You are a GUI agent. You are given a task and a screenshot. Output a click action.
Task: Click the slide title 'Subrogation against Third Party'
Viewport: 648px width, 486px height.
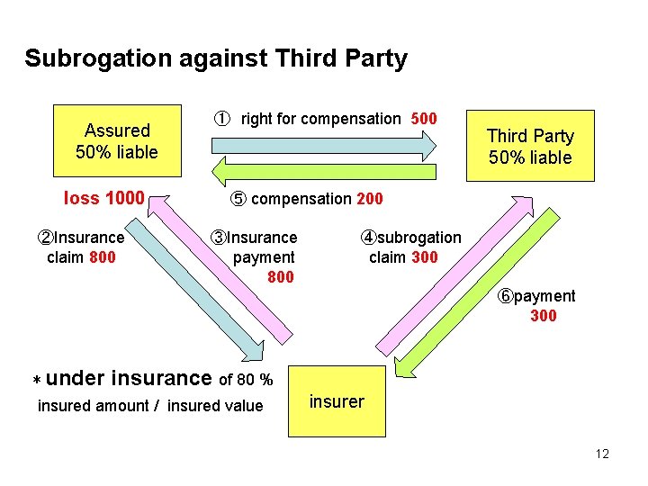coord(216,59)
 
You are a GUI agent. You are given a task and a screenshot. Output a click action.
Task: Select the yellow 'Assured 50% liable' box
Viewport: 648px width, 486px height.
coord(117,141)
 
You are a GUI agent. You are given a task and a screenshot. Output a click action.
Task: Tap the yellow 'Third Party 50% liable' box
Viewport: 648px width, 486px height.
coord(530,147)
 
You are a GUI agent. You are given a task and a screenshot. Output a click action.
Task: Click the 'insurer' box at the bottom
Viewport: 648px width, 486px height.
coord(337,401)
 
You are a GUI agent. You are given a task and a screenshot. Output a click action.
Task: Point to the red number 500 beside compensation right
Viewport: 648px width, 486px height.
coord(424,119)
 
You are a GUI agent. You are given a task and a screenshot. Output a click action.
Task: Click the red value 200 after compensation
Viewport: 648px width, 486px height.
coord(369,199)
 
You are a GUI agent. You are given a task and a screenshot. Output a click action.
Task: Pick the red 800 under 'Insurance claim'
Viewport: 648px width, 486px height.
coord(103,257)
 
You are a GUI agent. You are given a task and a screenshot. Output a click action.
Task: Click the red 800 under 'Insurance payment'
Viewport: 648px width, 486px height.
coord(281,277)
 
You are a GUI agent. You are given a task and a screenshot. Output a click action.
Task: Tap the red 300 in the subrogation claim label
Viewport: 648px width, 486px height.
coord(424,257)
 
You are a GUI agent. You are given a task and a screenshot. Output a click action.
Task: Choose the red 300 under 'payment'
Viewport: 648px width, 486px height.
coord(544,316)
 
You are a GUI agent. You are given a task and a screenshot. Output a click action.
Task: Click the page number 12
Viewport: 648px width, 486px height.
coord(602,454)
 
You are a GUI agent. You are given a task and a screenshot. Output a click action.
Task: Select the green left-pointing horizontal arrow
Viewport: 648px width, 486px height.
coord(324,171)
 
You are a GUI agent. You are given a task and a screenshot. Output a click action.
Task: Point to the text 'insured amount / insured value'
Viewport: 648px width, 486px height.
coord(150,406)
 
